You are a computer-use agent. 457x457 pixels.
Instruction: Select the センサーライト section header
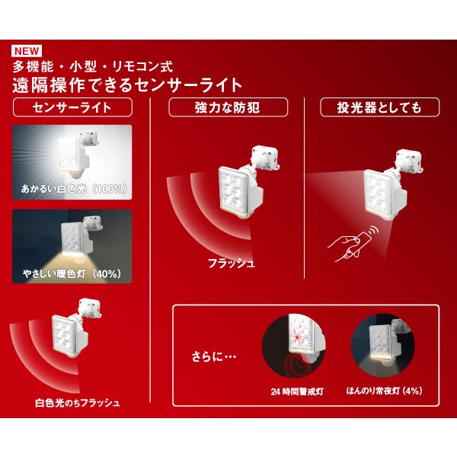(x=73, y=107)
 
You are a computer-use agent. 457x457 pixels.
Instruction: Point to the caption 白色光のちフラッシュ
(x=78, y=401)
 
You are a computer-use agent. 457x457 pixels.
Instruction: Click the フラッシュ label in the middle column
(x=231, y=264)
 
